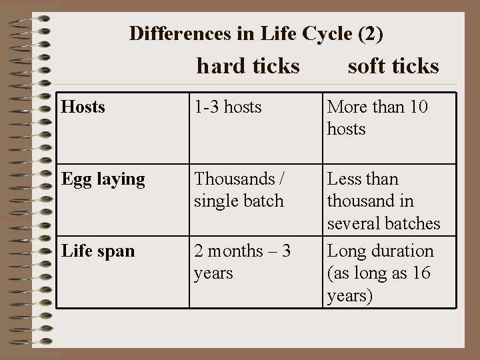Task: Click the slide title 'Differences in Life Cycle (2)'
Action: tap(256, 33)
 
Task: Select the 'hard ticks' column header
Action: tap(248, 66)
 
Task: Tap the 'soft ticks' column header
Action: tap(393, 66)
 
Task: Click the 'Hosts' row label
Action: tap(83, 107)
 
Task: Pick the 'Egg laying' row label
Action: tap(103, 179)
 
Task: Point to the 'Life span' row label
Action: tap(97, 251)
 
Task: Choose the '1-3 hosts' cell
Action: tap(228, 107)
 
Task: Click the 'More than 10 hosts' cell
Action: tap(377, 117)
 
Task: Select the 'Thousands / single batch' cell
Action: tap(239, 189)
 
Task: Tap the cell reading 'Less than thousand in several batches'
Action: tap(383, 201)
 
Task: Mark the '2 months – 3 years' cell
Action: tap(241, 262)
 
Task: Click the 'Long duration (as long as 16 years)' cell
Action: tap(381, 273)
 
